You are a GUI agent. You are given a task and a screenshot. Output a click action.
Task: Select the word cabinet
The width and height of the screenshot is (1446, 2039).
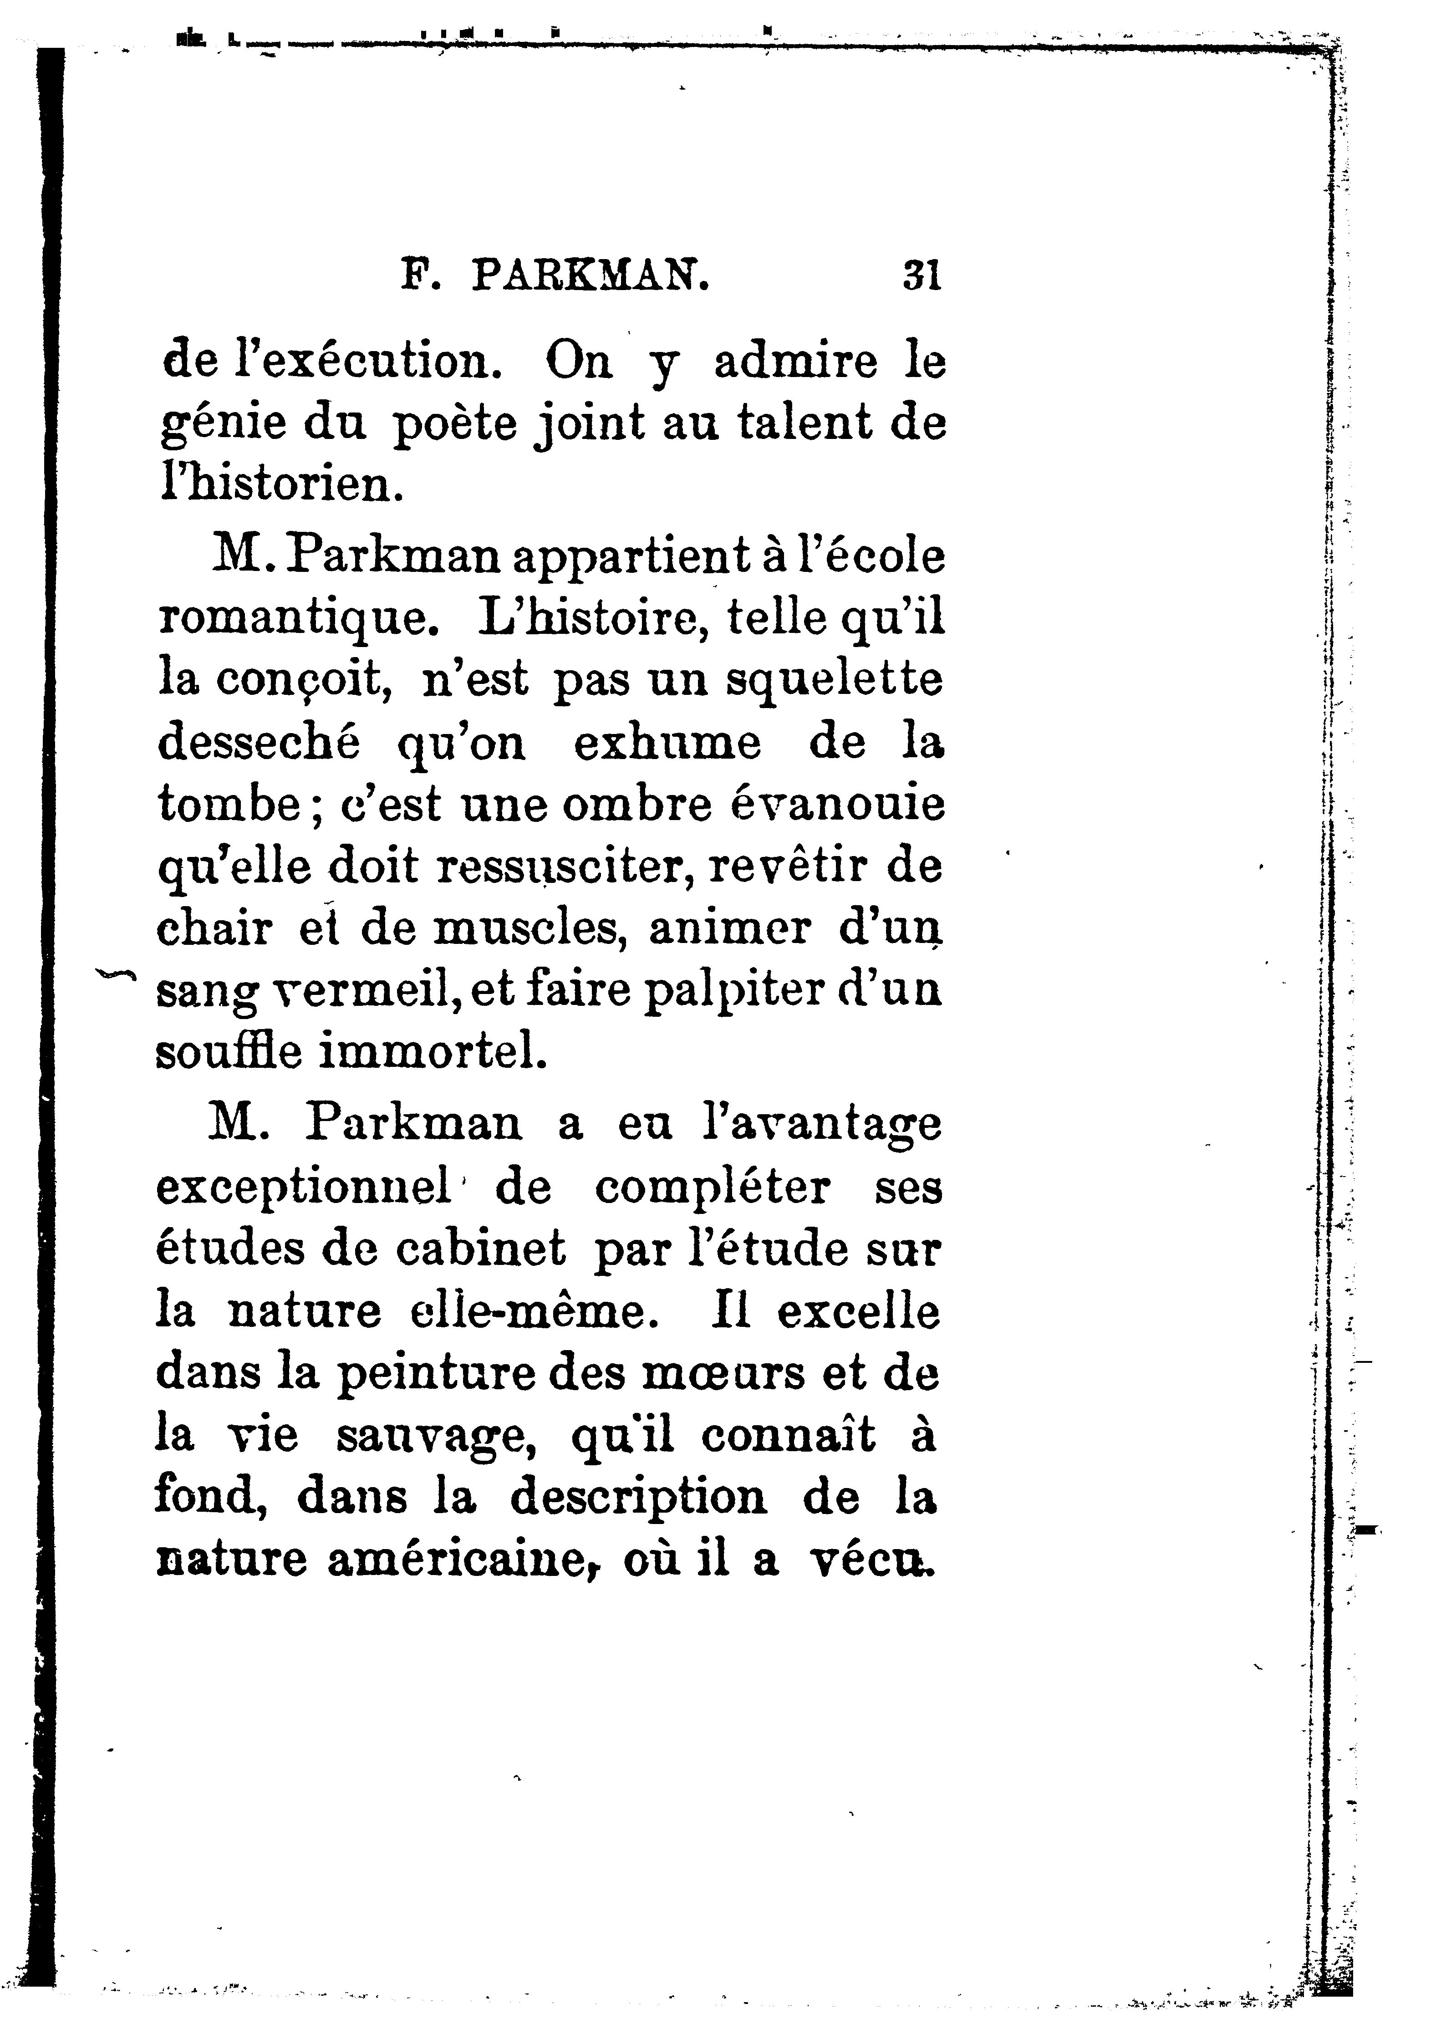coord(480,1249)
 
